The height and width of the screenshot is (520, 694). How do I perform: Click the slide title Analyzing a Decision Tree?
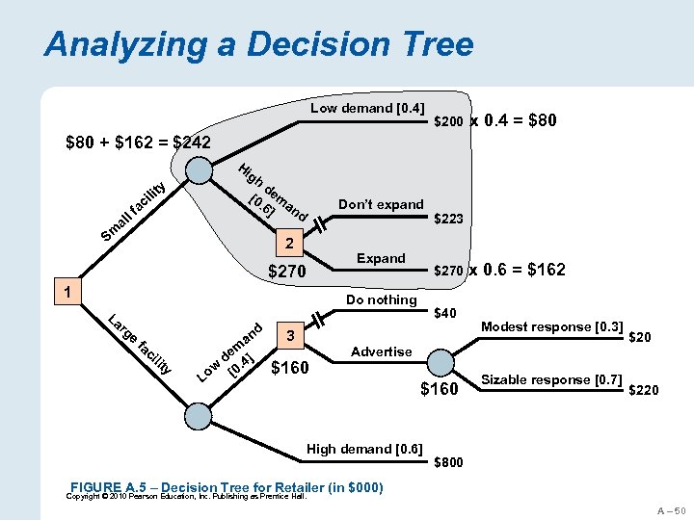(259, 44)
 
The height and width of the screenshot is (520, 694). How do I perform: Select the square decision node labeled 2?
(285, 240)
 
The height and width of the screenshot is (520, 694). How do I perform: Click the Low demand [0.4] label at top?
(367, 109)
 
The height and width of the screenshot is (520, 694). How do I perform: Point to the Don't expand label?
(381, 204)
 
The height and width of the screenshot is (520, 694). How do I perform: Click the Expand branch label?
(381, 258)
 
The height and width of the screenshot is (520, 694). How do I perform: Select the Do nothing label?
(381, 299)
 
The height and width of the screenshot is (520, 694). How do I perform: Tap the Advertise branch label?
(381, 351)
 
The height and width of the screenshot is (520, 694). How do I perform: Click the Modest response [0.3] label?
(551, 326)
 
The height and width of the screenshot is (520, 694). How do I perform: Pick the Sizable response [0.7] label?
(551, 378)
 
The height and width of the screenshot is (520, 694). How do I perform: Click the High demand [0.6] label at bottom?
(364, 448)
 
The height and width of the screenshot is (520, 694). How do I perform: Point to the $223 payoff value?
(449, 220)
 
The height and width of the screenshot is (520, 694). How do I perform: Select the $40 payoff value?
(445, 313)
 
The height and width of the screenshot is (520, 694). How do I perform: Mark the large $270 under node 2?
(285, 273)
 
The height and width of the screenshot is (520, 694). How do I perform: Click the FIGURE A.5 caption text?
(227, 487)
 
